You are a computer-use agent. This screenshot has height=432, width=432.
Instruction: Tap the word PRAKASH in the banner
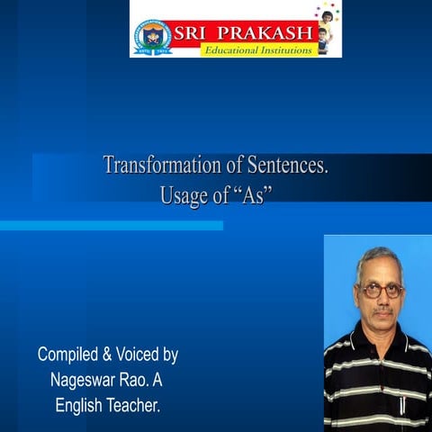coord(260,32)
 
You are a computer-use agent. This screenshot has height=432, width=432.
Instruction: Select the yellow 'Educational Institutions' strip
coord(257,49)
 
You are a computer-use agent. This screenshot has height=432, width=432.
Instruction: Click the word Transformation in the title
coord(157,166)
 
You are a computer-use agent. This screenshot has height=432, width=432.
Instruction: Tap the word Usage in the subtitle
coord(181,195)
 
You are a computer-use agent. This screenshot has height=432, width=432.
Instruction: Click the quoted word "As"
coord(251,195)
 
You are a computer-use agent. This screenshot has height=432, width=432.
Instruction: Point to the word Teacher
coord(133,406)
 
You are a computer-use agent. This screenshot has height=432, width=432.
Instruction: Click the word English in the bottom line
coord(78,406)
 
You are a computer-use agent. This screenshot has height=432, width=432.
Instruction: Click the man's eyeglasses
coord(380,290)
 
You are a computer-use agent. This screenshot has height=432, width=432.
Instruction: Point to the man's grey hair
coord(379,258)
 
